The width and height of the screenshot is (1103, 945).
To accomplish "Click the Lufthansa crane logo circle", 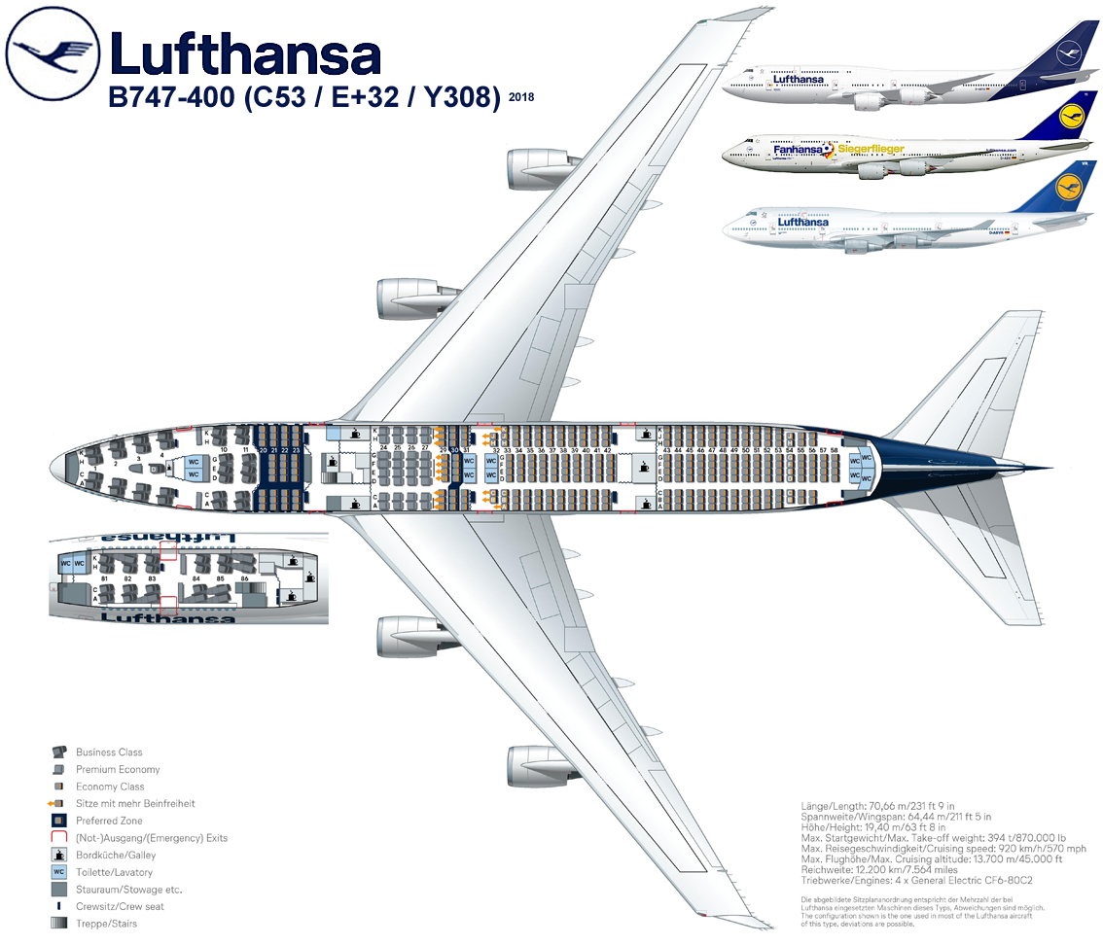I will pyautogui.click(x=53, y=54).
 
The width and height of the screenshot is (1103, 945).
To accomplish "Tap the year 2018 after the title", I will pyautogui.click(x=521, y=97).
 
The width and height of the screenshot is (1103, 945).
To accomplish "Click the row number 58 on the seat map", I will pyautogui.click(x=835, y=450).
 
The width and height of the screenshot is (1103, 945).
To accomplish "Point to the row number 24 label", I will pyautogui.click(x=384, y=448).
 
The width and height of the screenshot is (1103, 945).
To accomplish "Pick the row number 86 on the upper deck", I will pyautogui.click(x=244, y=578).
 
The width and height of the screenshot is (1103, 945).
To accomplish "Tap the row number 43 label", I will pyautogui.click(x=666, y=450).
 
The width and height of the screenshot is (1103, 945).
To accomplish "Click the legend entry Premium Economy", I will pyautogui.click(x=117, y=769).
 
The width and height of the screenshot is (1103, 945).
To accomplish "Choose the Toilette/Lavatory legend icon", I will pyautogui.click(x=58, y=872).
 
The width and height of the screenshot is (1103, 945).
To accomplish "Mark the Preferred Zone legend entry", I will pyautogui.click(x=110, y=821).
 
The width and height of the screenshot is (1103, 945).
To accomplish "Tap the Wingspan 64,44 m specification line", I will pyautogui.click(x=895, y=817).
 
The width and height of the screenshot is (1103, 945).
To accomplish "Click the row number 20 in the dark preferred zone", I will pyautogui.click(x=263, y=450).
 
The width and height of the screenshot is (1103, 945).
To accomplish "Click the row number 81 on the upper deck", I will pyautogui.click(x=104, y=578).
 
